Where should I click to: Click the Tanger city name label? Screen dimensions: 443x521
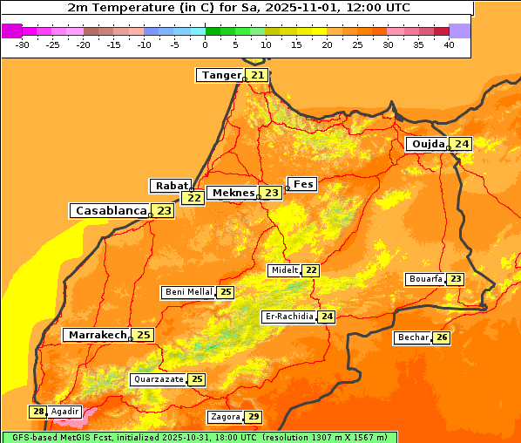pyautogui.click(x=220, y=75)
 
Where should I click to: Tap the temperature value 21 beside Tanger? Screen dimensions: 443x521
pyautogui.click(x=257, y=75)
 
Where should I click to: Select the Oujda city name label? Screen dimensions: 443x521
pyautogui.click(x=428, y=144)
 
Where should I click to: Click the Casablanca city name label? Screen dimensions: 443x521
pyautogui.click(x=110, y=210)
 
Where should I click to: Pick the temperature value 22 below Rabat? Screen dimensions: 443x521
pyautogui.click(x=193, y=198)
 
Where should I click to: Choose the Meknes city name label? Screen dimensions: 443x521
pyautogui.click(x=233, y=193)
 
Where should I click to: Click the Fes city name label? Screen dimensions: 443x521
pyautogui.click(x=302, y=184)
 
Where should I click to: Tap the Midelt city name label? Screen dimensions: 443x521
pyautogui.click(x=284, y=270)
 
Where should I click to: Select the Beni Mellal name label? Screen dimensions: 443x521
pyautogui.click(x=188, y=292)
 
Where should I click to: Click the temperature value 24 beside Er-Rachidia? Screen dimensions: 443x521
pyautogui.click(x=327, y=317)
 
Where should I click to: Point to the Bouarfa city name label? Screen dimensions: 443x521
pyautogui.click(x=425, y=279)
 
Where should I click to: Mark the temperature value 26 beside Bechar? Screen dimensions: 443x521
pyautogui.click(x=442, y=337)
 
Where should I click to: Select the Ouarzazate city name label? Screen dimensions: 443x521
pyautogui.click(x=159, y=379)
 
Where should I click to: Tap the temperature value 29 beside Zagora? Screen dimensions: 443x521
pyautogui.click(x=254, y=417)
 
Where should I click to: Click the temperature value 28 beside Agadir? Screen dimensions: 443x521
pyautogui.click(x=38, y=412)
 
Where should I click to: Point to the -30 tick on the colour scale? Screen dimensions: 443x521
pyautogui.click(x=23, y=44)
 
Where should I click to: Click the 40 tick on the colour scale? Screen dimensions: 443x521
pyautogui.click(x=449, y=44)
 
